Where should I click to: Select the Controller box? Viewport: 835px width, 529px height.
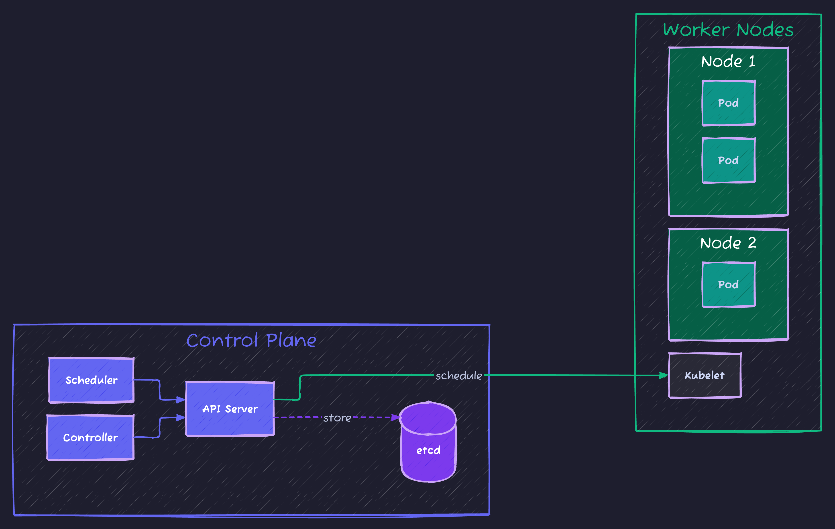[x=90, y=437]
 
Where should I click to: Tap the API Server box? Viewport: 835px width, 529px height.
[x=230, y=409]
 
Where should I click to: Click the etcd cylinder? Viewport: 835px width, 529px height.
[x=428, y=450]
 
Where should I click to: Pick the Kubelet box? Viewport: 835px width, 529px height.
[x=705, y=375]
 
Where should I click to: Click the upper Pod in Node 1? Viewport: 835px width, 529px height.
[x=728, y=103]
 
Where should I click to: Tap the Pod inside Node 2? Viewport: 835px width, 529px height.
[x=728, y=285]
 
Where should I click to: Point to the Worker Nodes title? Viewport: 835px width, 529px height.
[x=728, y=30]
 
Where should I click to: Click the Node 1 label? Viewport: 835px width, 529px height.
[x=728, y=61]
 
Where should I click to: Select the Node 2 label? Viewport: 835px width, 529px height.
[x=728, y=243]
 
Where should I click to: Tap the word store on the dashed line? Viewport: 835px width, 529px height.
[x=337, y=418]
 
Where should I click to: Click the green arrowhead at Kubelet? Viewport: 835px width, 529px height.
[x=663, y=375]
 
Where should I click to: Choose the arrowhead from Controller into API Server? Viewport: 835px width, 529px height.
[x=180, y=418]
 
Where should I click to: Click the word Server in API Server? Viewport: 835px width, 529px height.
[x=241, y=409]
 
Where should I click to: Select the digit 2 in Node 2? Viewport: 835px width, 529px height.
[x=752, y=243]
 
